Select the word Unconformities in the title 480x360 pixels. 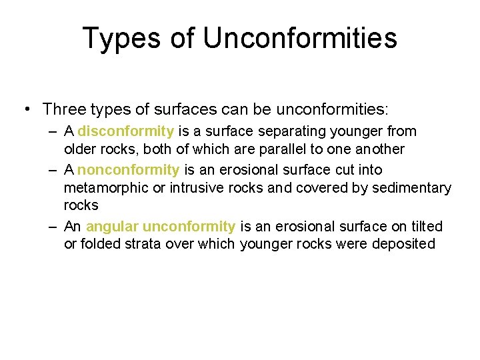click(x=300, y=38)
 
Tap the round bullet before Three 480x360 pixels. click(x=27, y=109)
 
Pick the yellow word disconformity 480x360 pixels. click(x=126, y=131)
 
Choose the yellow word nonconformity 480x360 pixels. click(x=128, y=170)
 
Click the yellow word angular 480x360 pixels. click(x=112, y=227)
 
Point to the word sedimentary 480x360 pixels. click(x=411, y=189)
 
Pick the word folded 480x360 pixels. click(x=99, y=244)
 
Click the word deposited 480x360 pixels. click(x=404, y=244)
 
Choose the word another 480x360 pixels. click(x=381, y=149)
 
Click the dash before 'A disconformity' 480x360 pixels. click(x=53, y=131)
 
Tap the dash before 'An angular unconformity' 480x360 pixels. click(x=53, y=227)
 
